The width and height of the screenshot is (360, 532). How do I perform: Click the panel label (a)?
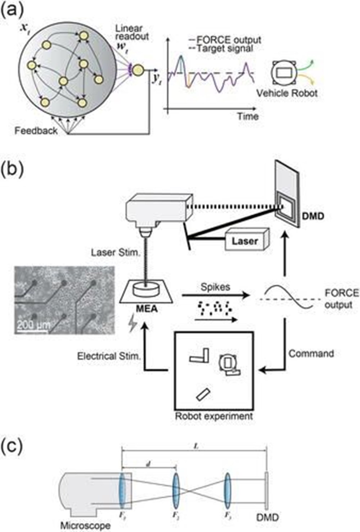(12, 11)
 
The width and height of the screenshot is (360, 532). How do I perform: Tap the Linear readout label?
(132, 32)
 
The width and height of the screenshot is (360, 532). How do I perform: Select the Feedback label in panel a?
(36, 130)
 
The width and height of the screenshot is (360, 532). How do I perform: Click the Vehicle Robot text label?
(287, 93)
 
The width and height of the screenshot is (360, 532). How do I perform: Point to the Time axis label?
(248, 116)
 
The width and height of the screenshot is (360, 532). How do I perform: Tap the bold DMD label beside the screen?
(313, 216)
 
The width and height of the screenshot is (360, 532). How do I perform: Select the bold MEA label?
(147, 308)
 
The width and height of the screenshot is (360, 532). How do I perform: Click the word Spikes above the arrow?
(216, 287)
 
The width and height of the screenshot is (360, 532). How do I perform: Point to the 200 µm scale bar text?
(33, 324)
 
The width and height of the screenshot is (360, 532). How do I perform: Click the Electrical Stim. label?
(109, 356)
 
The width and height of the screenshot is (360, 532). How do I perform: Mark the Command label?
(311, 354)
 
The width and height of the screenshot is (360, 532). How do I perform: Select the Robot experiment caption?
(214, 416)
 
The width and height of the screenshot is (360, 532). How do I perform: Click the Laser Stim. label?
(115, 253)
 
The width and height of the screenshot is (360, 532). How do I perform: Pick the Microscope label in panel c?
(85, 526)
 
